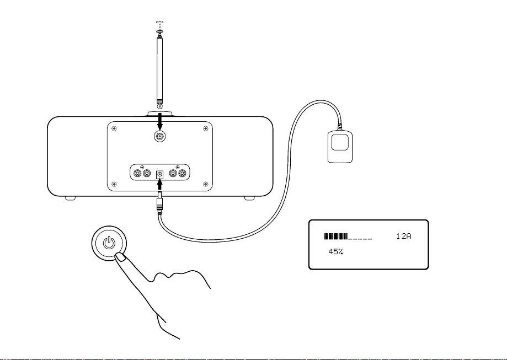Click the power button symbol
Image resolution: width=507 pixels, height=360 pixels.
[x=109, y=243]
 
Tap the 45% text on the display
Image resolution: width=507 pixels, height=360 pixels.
[x=335, y=251]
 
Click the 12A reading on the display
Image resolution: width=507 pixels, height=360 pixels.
[x=403, y=236]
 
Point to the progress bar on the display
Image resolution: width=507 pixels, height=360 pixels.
[x=348, y=237]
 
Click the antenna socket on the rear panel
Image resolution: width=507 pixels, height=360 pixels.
[x=159, y=136]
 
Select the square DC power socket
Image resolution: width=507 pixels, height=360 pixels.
[x=159, y=175]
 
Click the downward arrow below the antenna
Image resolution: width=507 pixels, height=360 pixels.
[x=159, y=121]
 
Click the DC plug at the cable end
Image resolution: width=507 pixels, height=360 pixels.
[x=159, y=202]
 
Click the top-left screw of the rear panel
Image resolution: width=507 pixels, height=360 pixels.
[x=114, y=128]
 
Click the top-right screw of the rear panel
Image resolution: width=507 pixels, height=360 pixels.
[x=205, y=128]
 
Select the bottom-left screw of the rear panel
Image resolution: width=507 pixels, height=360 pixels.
[x=114, y=184]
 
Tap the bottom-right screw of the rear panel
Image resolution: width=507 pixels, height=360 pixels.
[x=205, y=184]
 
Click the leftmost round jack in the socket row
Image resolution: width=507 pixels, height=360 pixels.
[x=137, y=174]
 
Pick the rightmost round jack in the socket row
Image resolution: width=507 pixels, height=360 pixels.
[x=183, y=174]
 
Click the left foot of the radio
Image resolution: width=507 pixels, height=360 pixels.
[x=71, y=198]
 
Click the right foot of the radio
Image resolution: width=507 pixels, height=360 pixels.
[x=249, y=198]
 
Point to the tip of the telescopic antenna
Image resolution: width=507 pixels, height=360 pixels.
[x=160, y=22]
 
